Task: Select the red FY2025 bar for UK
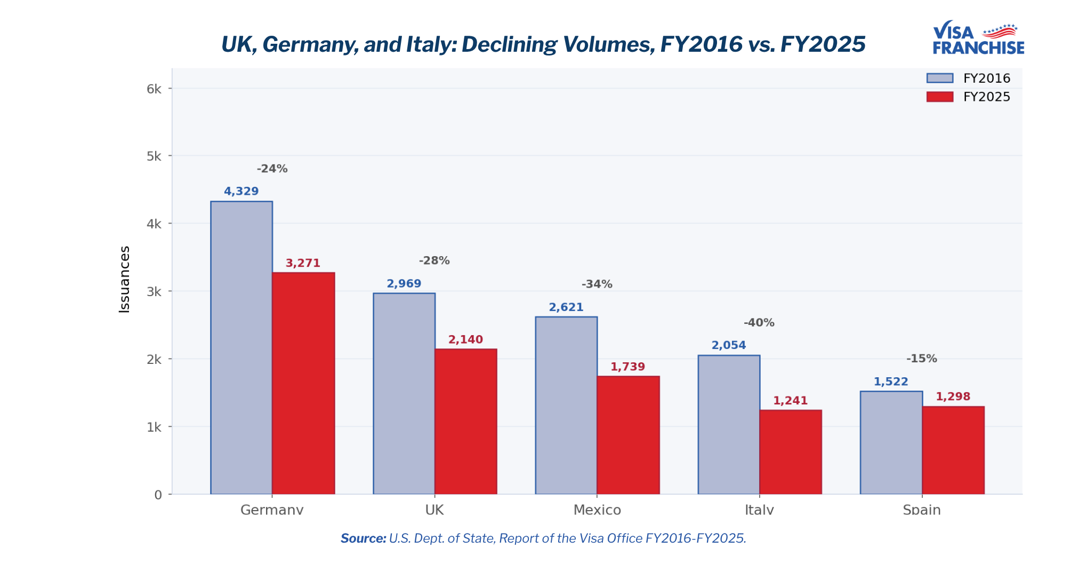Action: click(466, 422)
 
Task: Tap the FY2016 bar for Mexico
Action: click(566, 406)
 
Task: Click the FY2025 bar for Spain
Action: click(953, 450)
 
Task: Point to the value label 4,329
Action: click(241, 191)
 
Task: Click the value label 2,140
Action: click(465, 339)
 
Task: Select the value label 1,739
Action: click(627, 367)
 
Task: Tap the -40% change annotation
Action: click(759, 322)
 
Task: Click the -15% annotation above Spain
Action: click(922, 359)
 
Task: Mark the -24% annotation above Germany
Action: click(272, 169)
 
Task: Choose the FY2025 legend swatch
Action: click(940, 97)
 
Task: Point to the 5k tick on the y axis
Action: click(154, 156)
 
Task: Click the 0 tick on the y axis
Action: click(158, 495)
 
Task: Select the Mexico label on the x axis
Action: click(597, 510)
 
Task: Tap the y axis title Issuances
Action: click(124, 279)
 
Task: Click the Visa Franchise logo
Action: click(978, 38)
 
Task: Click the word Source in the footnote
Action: click(363, 538)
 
